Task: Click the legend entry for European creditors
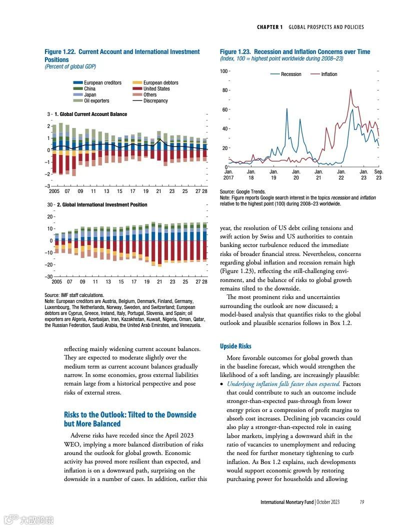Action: pyautogui.click(x=102, y=82)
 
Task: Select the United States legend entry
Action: pyautogui.click(x=156, y=88)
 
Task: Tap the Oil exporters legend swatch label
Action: pyautogui.click(x=96, y=100)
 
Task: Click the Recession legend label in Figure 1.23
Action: pyautogui.click(x=291, y=74)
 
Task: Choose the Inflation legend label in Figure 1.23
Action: pyautogui.click(x=329, y=74)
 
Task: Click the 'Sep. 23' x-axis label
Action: pyautogui.click(x=378, y=174)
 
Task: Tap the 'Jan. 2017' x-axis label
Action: pyautogui.click(x=228, y=174)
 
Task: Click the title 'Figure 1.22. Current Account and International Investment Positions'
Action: pyautogui.click(x=122, y=55)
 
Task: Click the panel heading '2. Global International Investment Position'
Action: pyautogui.click(x=102, y=204)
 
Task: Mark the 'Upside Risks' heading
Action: pyautogui.click(x=235, y=346)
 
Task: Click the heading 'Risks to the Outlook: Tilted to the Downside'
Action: pyautogui.click(x=130, y=414)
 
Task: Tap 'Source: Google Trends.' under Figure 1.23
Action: pyautogui.click(x=243, y=191)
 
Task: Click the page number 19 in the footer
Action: pyautogui.click(x=361, y=502)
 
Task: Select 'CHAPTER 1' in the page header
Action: pyautogui.click(x=270, y=27)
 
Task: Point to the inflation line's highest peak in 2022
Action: pyautogui.click(x=351, y=89)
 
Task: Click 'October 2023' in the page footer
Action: pyautogui.click(x=328, y=502)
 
